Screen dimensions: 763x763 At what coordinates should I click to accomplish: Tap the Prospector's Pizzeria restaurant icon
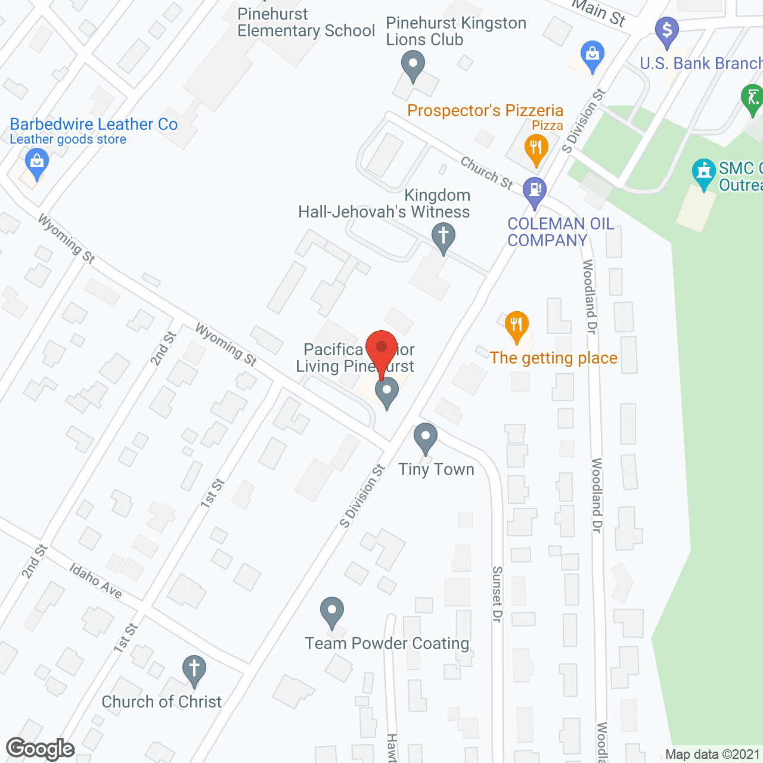(536, 148)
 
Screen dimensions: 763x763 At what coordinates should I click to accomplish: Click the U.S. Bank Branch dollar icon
(667, 30)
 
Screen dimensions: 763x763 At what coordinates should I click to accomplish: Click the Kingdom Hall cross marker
(443, 237)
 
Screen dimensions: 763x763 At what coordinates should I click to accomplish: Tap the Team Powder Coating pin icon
(332, 612)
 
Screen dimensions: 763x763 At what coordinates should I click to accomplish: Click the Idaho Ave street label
(96, 581)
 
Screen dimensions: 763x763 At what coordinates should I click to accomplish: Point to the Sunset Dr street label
(497, 594)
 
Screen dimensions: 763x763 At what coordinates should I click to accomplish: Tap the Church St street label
(486, 173)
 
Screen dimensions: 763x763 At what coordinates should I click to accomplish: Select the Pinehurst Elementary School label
(306, 23)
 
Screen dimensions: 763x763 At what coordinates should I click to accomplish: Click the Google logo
(41, 749)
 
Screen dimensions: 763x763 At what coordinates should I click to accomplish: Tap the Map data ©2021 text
(712, 755)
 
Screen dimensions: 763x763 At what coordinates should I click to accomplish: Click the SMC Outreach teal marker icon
(704, 173)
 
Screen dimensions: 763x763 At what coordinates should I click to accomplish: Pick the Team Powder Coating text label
(387, 644)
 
